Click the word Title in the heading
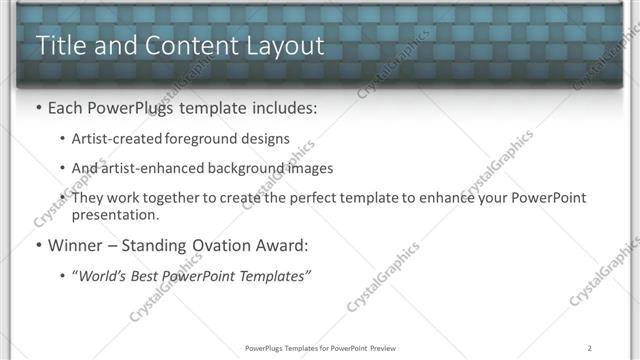pyautogui.click(x=60, y=46)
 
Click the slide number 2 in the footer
pyautogui.click(x=590, y=348)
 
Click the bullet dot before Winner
pyautogui.click(x=38, y=245)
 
